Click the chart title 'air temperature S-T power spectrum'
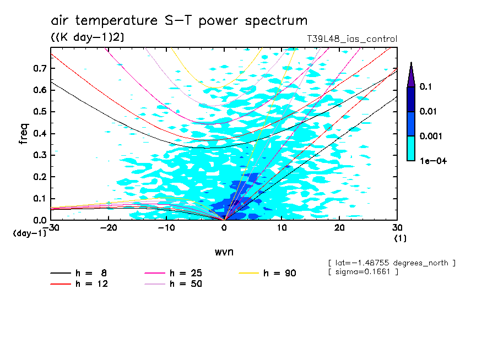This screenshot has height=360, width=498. tap(179, 21)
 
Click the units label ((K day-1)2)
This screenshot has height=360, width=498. tap(84, 37)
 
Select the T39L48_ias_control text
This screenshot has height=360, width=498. tap(351, 39)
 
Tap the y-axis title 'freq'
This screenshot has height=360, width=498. tap(24, 134)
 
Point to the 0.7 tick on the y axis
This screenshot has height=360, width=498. tap(38, 68)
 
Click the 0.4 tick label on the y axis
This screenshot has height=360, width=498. tap(38, 134)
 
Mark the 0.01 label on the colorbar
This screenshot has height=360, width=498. tap(429, 112)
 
